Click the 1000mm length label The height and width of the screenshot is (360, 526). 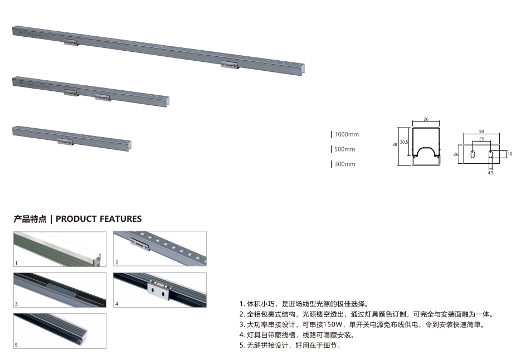point(347,134)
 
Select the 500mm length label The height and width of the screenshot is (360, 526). point(345,149)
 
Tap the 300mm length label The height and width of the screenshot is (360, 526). point(345,164)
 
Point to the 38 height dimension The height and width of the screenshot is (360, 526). point(394,144)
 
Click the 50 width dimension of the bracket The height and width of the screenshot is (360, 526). point(481,132)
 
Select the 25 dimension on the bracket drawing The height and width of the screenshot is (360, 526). point(481,138)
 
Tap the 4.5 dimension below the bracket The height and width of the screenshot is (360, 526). point(490,173)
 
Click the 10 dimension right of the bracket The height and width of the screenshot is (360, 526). point(510,154)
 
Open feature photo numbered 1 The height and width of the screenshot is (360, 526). point(60,249)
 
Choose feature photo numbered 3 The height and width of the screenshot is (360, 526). point(60,290)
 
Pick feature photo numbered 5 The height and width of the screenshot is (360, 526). point(60,331)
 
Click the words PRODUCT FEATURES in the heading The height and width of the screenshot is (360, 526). point(99,219)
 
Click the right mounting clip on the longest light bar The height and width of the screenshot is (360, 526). point(229,65)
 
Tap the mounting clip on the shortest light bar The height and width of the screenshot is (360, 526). point(65,142)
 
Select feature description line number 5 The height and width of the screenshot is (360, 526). point(290,346)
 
